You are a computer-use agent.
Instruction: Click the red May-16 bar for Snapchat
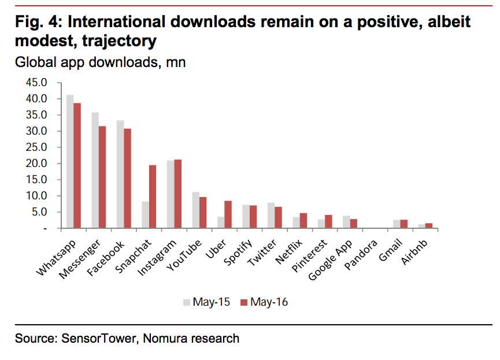(153, 196)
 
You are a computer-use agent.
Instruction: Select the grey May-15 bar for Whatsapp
(70, 162)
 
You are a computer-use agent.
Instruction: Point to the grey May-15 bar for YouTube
(195, 210)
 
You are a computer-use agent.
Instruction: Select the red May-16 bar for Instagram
(177, 194)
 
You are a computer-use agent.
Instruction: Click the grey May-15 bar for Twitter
(271, 216)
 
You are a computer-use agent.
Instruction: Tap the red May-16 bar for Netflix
(303, 221)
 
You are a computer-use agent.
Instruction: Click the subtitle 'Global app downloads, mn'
(100, 62)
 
